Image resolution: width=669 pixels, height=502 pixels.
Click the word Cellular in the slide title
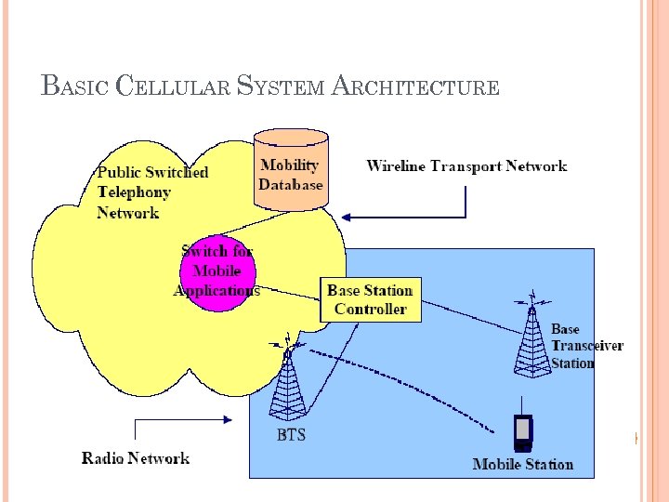(173, 87)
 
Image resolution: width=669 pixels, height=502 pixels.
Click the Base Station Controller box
(370, 299)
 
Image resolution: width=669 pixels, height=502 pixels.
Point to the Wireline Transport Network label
(466, 166)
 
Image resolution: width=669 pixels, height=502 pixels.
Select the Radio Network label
(136, 457)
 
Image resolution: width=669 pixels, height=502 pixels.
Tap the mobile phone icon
(523, 429)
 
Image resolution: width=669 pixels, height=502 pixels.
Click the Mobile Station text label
(523, 464)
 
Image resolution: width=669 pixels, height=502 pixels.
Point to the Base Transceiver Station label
(585, 346)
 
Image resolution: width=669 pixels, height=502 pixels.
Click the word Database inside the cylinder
(291, 184)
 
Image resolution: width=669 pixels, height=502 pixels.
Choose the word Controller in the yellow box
(370, 309)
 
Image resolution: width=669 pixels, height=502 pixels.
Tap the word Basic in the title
(75, 87)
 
